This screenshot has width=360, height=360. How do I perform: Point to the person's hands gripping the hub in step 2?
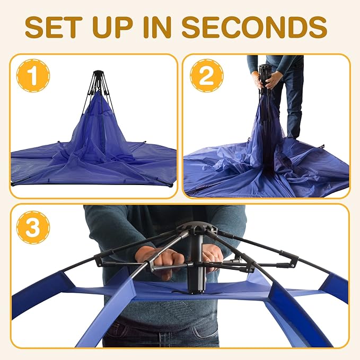[x=267, y=80]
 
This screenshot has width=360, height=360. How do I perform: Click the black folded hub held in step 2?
[x=265, y=74]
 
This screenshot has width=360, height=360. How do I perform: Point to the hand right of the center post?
[x=213, y=257]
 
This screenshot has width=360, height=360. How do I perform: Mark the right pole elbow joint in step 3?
[x=292, y=261]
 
